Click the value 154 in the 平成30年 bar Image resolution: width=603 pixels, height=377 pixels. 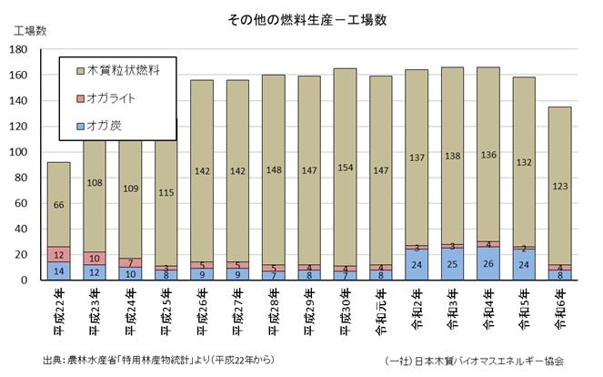[x=346, y=169]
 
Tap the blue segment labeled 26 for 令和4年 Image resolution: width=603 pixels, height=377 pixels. [x=488, y=264]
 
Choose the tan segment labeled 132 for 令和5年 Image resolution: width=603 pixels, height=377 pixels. [x=524, y=162]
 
